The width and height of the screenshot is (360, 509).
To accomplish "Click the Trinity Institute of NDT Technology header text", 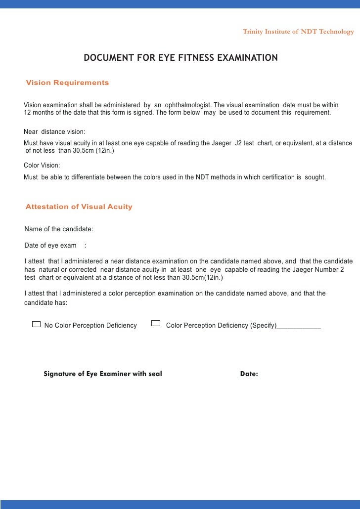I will [x=298, y=32].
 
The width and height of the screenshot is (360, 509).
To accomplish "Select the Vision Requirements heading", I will [x=67, y=83].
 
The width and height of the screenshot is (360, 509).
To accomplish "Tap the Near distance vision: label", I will [x=54, y=132].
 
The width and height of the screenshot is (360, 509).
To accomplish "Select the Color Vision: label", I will [x=42, y=166].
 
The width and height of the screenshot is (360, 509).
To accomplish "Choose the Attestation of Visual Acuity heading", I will [x=79, y=207].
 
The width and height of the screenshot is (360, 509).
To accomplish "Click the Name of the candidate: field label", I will [x=59, y=229].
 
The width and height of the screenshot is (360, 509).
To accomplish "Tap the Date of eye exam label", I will [x=50, y=246].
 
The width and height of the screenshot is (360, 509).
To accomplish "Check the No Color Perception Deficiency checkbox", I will [x=36, y=324].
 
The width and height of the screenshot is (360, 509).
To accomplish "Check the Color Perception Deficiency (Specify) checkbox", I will [x=156, y=324].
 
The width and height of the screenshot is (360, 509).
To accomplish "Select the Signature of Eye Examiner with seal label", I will [x=103, y=374].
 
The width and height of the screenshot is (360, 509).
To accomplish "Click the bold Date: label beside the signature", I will [x=249, y=374].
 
